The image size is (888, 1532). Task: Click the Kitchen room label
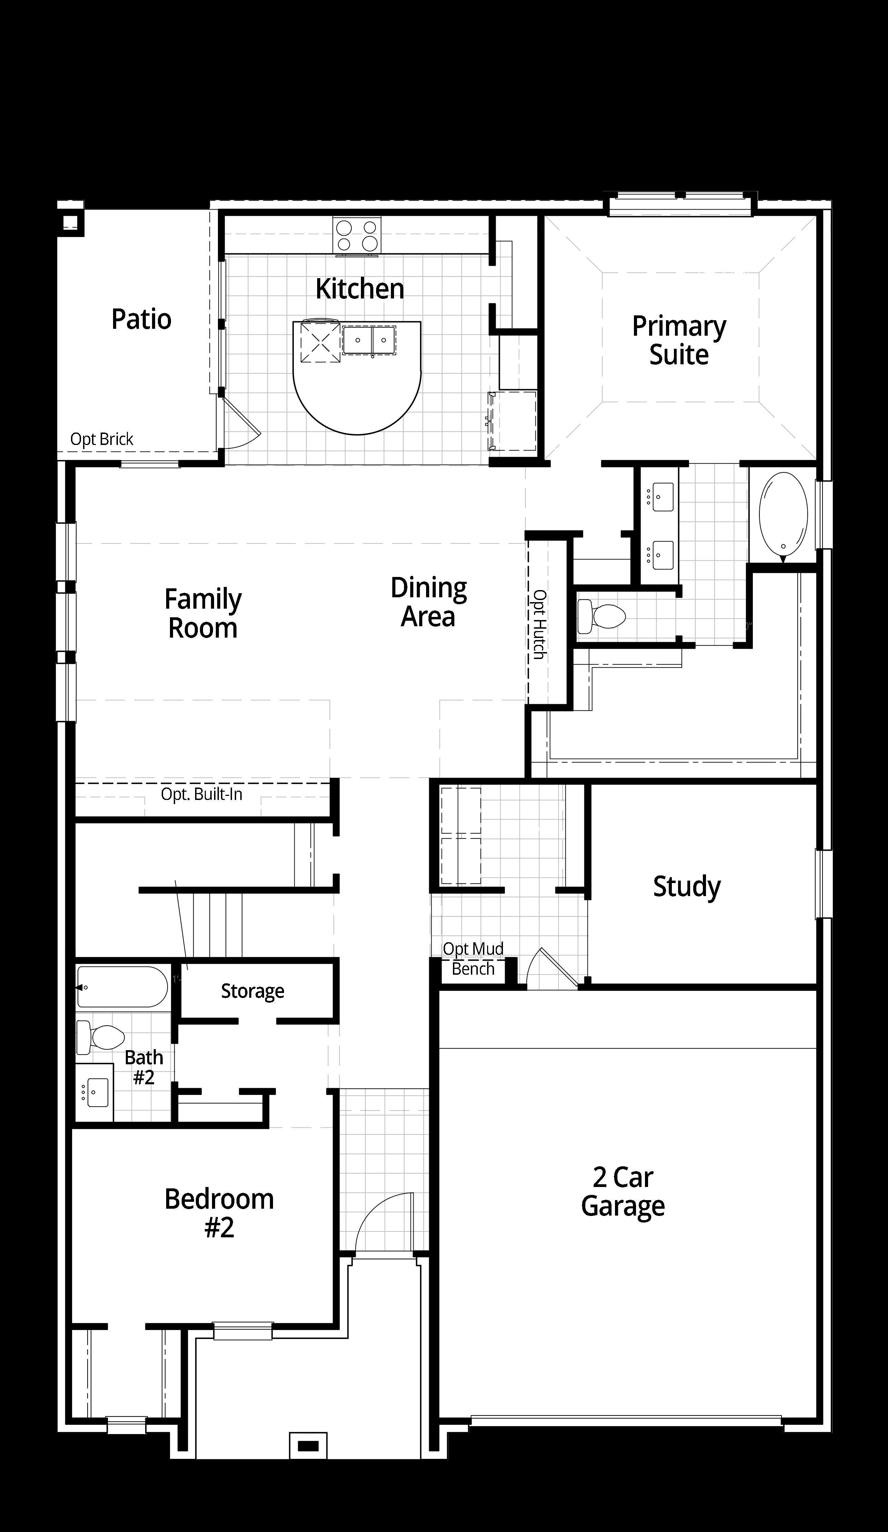click(360, 289)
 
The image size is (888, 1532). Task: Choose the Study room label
click(687, 886)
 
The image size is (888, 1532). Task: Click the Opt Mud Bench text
click(473, 959)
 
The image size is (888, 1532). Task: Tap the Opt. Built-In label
click(201, 794)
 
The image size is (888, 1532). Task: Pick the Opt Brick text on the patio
click(102, 439)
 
